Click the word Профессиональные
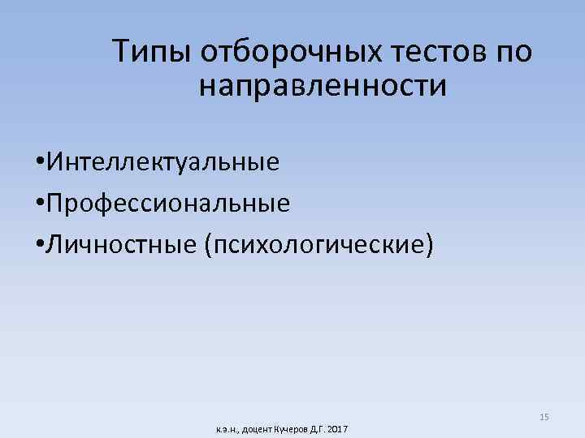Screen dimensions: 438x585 167,202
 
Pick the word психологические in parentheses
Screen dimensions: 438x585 318,243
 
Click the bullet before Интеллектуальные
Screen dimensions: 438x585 40,162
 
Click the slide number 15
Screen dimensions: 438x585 544,417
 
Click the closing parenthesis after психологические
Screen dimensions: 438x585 428,243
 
